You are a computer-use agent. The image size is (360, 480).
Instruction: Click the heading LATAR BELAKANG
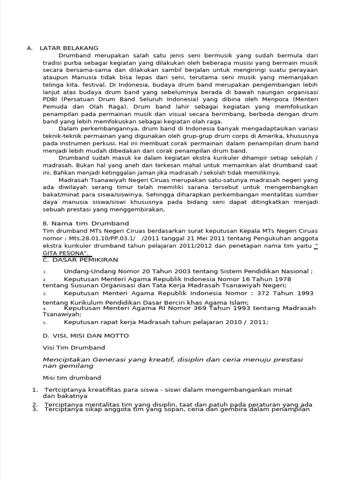pyautogui.click(x=69, y=48)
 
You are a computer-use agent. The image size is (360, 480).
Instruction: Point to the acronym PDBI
pyautogui.click(x=51, y=99)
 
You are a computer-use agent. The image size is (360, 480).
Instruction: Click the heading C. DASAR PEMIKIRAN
pyautogui.click(x=80, y=259)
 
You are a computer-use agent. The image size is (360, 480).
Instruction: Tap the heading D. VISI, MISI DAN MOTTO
pyautogui.click(x=85, y=336)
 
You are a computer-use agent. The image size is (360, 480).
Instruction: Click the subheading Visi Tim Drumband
pyautogui.click(x=74, y=347)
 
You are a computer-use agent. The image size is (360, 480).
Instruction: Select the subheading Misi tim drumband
pyautogui.click(x=72, y=377)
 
